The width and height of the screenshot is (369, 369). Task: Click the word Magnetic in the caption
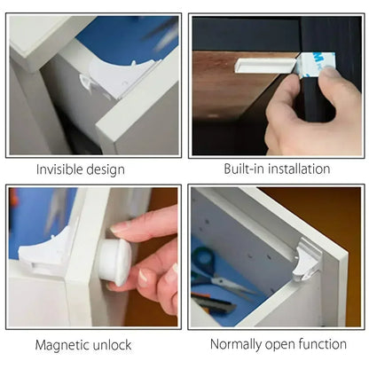(67, 343)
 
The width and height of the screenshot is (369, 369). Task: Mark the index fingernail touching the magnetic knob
(121, 228)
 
